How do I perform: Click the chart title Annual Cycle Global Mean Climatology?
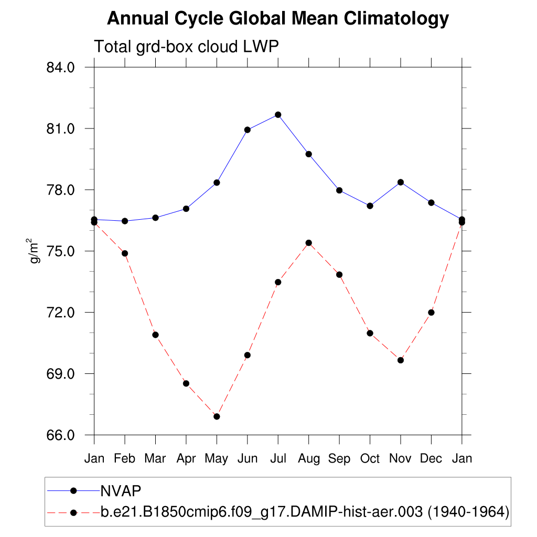pos(278,19)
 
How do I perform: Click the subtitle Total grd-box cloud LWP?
pos(186,47)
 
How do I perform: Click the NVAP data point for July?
pos(278,115)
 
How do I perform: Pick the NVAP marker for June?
pos(248,130)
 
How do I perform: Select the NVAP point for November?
pos(401,182)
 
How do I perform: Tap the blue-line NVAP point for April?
pos(186,209)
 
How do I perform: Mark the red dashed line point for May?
pos(217,416)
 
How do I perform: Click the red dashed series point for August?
pos(309,243)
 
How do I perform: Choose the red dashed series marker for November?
pos(401,360)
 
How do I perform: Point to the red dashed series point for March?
pos(155,335)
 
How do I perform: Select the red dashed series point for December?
pos(432,313)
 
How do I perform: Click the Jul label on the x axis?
pos(278,459)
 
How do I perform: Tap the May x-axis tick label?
pos(217,459)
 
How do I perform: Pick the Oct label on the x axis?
pos(370,459)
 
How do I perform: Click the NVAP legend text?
pos(121,490)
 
